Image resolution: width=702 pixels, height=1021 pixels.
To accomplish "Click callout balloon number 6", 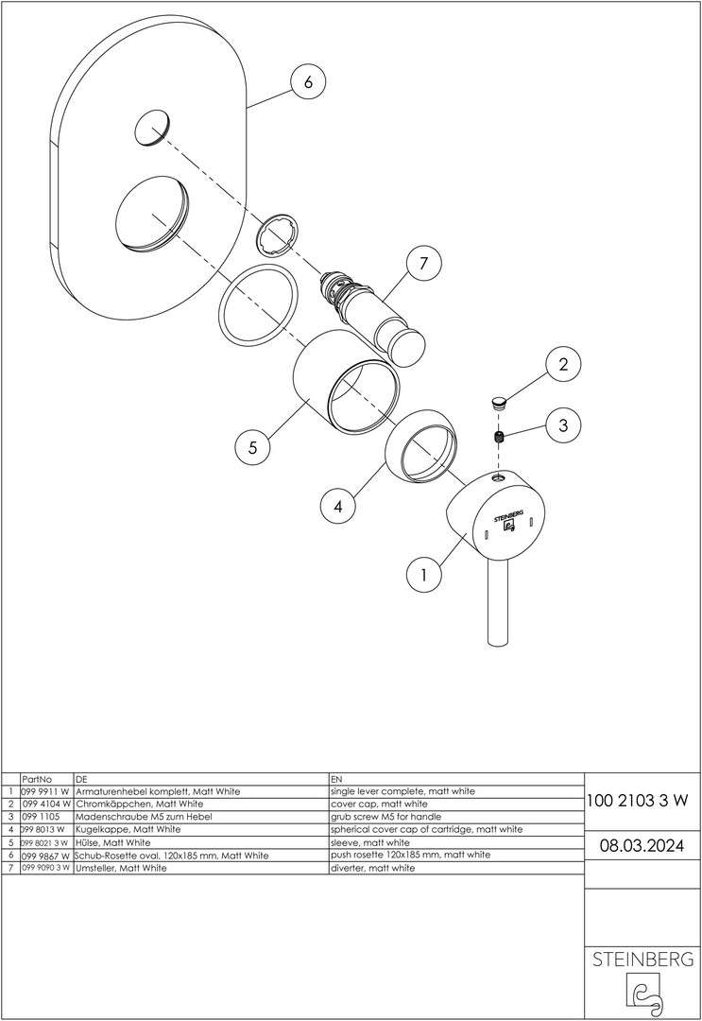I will click(x=307, y=82).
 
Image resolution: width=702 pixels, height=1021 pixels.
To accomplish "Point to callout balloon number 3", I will click(x=563, y=425).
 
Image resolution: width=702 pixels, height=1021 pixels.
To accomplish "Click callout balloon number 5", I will click(x=252, y=448).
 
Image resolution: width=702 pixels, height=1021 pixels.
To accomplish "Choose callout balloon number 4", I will click(x=337, y=506).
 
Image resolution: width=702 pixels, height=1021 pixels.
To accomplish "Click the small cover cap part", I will click(x=500, y=402).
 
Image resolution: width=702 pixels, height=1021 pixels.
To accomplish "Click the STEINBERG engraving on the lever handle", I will click(x=507, y=513).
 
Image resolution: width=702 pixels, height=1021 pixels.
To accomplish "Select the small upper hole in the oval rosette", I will click(x=153, y=128).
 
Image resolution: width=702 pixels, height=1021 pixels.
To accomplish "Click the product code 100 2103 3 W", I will click(x=638, y=800).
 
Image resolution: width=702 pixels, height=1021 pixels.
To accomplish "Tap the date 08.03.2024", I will click(x=642, y=844).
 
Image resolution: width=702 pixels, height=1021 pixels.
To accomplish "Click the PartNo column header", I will click(x=36, y=777).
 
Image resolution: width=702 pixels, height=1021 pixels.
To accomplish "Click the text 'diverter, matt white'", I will click(x=372, y=867).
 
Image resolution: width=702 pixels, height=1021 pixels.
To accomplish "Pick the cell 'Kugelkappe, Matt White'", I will click(x=128, y=829).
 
